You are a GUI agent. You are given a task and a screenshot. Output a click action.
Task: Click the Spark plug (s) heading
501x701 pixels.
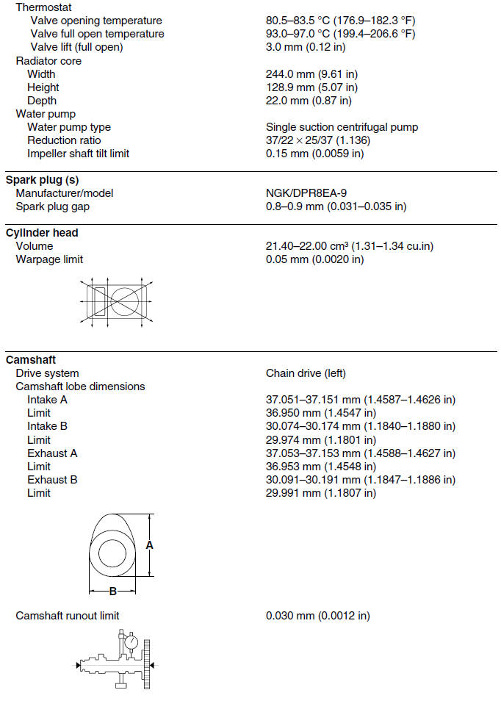click(43, 180)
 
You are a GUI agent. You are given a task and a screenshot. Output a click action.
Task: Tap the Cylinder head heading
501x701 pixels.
click(42, 233)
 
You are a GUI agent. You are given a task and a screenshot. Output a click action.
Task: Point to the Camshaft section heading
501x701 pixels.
click(31, 360)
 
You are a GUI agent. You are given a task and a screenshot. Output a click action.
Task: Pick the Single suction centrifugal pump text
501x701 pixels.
click(342, 127)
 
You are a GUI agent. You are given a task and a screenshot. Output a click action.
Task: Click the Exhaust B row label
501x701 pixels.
click(52, 480)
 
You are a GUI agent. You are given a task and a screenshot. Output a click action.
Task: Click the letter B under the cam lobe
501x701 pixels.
click(112, 592)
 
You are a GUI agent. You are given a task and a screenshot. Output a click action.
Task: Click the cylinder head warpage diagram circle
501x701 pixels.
click(126, 301)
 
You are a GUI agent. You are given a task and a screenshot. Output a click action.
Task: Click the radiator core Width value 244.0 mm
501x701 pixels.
click(308, 74)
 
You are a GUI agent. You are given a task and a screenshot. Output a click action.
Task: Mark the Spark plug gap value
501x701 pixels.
click(336, 206)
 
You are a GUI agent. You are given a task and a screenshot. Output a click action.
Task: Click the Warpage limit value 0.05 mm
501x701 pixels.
click(314, 259)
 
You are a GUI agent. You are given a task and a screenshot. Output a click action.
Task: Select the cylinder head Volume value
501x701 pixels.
click(349, 246)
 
